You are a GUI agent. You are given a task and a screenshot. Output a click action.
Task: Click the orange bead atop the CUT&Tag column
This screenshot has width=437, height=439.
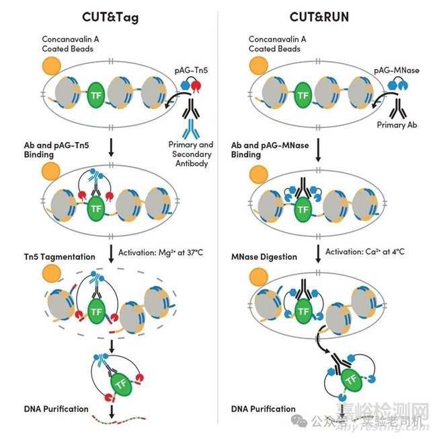(x=50, y=66)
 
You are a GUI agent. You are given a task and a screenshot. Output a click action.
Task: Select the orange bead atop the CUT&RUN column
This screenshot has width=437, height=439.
(x=257, y=66)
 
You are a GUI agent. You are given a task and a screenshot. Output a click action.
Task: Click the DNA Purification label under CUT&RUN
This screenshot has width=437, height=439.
(x=263, y=409)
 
